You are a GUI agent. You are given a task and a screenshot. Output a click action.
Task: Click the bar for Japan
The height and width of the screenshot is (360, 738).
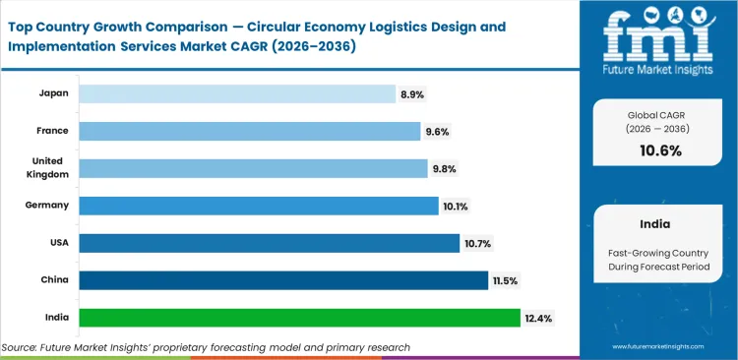[236, 93]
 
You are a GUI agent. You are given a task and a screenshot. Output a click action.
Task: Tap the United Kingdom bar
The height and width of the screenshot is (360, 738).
[253, 168]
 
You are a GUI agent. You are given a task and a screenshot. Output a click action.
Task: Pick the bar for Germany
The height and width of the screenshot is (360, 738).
[258, 206]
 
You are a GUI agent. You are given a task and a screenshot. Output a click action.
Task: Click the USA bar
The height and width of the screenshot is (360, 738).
[269, 243]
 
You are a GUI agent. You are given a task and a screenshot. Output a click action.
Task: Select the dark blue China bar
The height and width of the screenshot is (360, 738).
[283, 280]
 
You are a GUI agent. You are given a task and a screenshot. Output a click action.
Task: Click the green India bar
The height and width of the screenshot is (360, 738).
[299, 318]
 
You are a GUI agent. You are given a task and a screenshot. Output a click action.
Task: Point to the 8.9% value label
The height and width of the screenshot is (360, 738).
[412, 94]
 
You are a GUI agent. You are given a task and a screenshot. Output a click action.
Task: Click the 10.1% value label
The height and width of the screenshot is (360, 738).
[457, 206]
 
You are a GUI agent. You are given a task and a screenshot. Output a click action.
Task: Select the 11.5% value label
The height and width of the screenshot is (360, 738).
[506, 280]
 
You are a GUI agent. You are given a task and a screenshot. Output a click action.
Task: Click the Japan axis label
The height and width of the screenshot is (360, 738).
[53, 93]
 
